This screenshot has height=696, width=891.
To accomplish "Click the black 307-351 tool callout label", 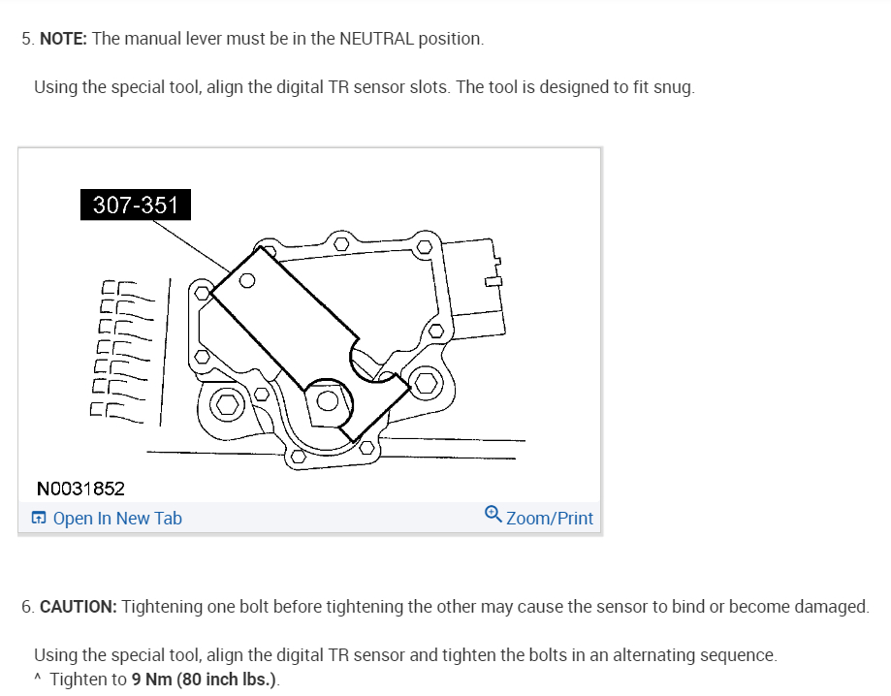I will coord(136,206).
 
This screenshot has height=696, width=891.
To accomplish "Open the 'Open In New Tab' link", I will coord(116,519).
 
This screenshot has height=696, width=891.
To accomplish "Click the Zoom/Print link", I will coord(549,519).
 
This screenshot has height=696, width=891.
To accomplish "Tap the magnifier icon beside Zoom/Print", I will coord(493,516).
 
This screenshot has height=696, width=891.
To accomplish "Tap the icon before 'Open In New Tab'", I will coord(39,519).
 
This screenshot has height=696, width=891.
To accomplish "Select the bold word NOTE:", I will coord(63,40).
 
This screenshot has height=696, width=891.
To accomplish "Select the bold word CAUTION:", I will coord(79,607).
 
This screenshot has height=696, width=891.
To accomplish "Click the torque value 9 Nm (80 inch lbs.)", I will coord(206,679).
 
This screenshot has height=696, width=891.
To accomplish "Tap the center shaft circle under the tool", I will coord(329,400).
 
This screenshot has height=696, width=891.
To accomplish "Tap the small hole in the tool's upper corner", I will coord(247,282).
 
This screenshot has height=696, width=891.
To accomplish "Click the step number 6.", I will coord(26,607).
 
